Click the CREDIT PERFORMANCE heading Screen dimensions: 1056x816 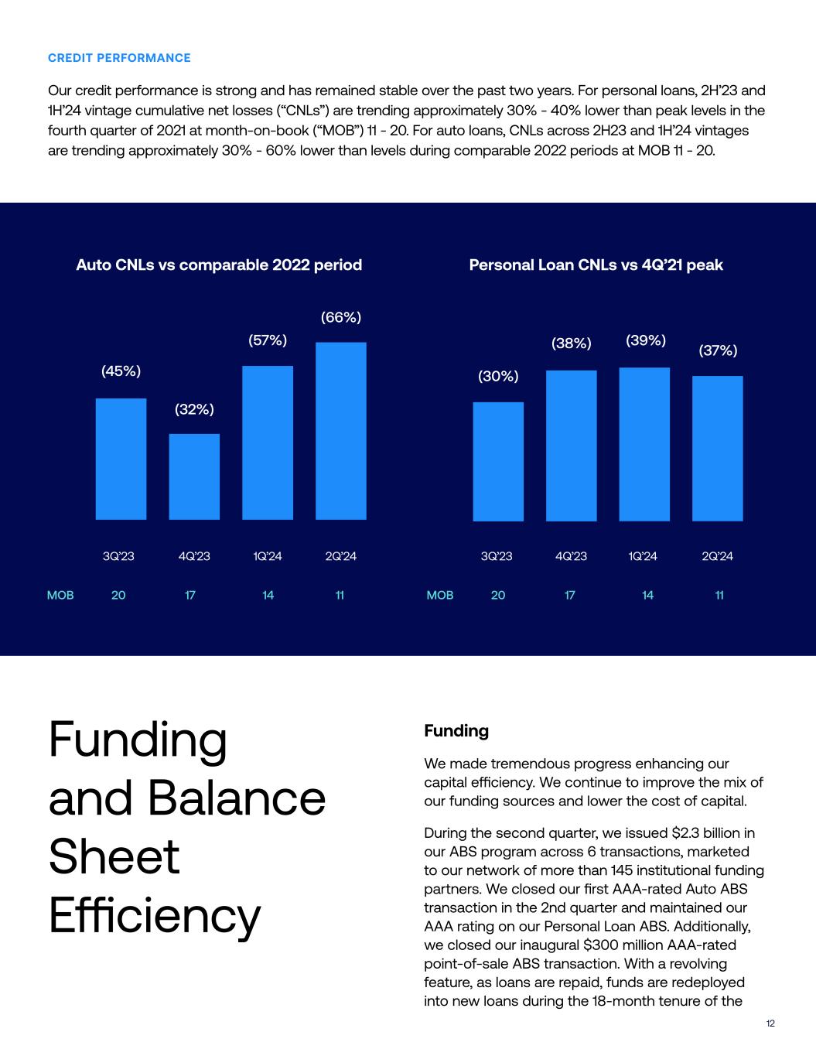tap(119, 58)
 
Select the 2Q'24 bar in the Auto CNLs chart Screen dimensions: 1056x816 tap(341, 430)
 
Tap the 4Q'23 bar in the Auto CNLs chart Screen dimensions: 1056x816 tap(194, 476)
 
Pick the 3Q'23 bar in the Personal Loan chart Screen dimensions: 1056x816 tap(498, 461)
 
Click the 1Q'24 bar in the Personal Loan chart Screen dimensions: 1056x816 tap(644, 444)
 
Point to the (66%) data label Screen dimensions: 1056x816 tap(341, 317)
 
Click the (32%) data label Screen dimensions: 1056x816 tap(194, 409)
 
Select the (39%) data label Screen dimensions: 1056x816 tap(646, 340)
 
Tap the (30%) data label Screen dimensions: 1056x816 tap(498, 377)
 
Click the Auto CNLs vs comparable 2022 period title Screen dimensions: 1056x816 tap(219, 265)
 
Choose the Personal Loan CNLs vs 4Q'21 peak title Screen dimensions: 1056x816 tap(596, 265)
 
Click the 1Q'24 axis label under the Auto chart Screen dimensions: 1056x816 tap(268, 556)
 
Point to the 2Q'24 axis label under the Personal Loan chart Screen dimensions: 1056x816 tap(718, 556)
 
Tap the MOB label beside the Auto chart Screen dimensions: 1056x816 tap(60, 595)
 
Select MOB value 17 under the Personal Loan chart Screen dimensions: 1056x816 tap(570, 595)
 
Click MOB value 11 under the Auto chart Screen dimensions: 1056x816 tap(340, 595)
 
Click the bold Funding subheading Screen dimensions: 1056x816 tap(456, 731)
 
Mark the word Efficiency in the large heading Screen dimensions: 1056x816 tap(155, 916)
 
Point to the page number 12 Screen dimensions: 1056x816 tap(770, 1024)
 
